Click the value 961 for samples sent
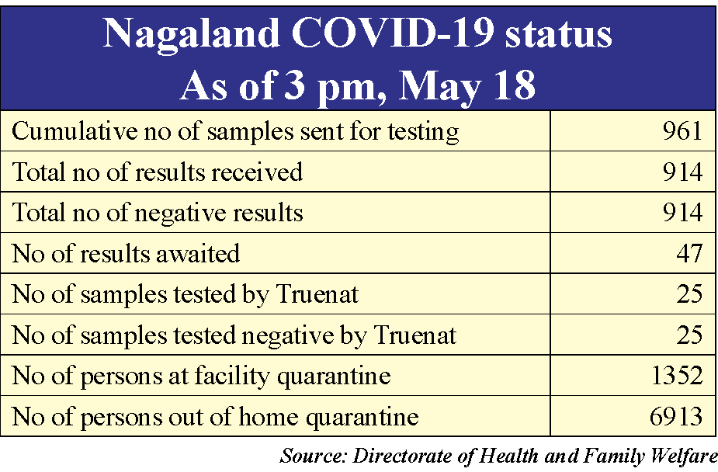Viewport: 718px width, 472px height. pos(682,131)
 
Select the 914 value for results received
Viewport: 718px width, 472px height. pos(682,172)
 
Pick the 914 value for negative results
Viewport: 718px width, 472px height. pos(682,213)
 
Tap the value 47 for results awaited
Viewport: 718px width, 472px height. pos(689,253)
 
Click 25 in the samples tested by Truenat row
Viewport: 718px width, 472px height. pos(689,294)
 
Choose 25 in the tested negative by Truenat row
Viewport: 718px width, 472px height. pos(689,335)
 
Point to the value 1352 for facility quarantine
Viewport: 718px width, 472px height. pos(677,376)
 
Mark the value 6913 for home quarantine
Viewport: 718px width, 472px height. pos(676,416)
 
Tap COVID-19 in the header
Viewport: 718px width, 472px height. pos(393,33)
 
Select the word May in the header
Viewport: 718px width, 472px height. pos(439,86)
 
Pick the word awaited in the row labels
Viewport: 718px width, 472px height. pos(198,254)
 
